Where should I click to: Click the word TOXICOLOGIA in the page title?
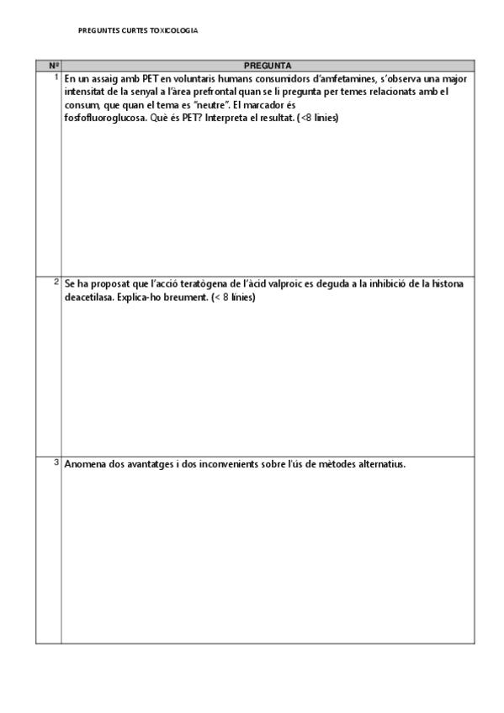pos(174,30)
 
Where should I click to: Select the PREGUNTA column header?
pos(268,65)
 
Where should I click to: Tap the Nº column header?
pos(52,65)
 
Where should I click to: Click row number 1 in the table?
pos(56,77)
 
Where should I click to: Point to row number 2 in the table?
pos(56,282)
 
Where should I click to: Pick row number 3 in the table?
pos(56,462)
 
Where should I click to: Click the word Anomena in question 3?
pos(85,464)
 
